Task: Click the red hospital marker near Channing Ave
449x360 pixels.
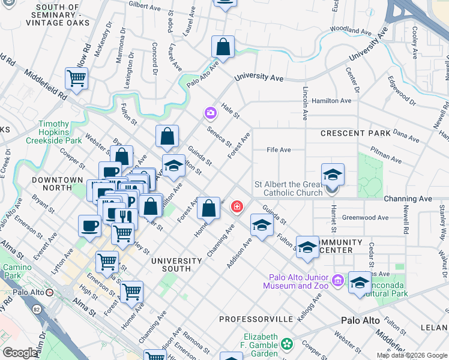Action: (x=237, y=207)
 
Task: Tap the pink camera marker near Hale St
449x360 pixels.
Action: (x=210, y=112)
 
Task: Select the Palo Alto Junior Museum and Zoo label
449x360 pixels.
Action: (x=296, y=282)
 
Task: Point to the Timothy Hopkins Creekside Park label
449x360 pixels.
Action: (x=59, y=132)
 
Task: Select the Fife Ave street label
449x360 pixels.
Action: (x=279, y=150)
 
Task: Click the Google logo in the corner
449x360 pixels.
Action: (x=20, y=353)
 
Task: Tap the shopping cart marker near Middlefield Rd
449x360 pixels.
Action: (x=76, y=78)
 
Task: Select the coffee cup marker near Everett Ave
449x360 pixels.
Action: (x=89, y=226)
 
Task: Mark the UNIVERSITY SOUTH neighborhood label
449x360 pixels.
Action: (x=176, y=265)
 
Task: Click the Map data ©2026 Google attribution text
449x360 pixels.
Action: (x=412, y=355)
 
